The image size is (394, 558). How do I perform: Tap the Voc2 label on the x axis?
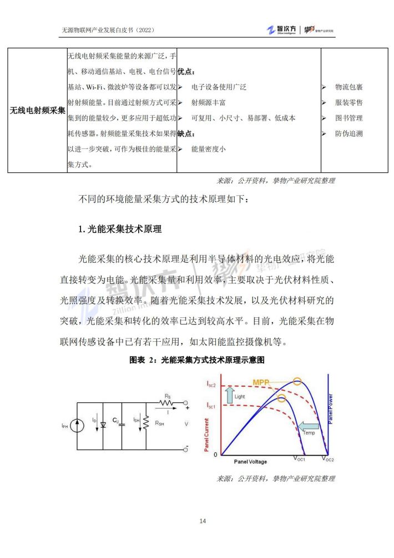tap(328, 460)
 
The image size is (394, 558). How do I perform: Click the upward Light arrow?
tap(229, 395)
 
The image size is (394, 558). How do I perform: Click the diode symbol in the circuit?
tap(103, 425)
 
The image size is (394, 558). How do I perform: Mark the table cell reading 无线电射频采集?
tap(37, 111)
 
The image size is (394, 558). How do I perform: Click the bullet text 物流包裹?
tap(348, 87)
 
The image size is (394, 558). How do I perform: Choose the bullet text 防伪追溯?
tap(348, 134)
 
